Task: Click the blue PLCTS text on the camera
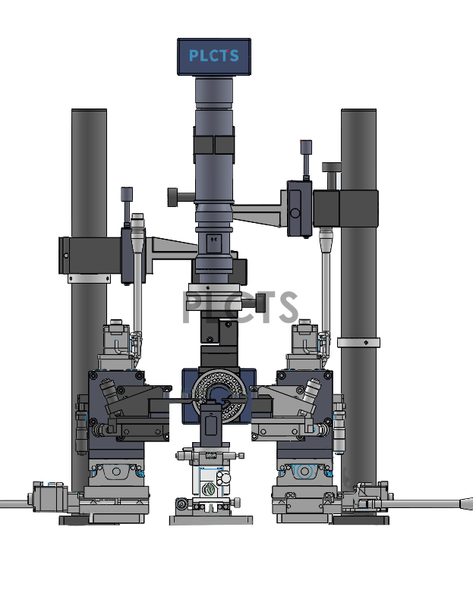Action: (214, 55)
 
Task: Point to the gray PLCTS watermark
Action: (241, 308)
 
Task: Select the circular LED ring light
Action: (219, 394)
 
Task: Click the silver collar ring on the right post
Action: (358, 343)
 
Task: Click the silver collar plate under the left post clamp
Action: (89, 279)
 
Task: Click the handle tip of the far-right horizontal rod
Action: (466, 504)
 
